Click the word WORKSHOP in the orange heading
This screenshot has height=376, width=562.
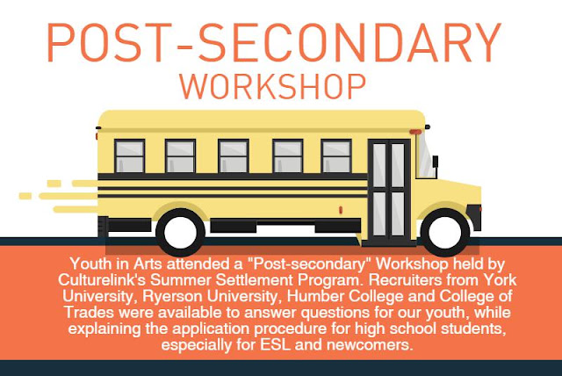272,86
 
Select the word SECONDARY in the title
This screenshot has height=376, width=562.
349,42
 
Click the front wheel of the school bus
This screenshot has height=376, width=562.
445,232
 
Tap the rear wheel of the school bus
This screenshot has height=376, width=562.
180,232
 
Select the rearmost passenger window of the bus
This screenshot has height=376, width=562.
129,156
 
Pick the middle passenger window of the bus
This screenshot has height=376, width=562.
234,156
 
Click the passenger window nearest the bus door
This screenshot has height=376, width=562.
336,156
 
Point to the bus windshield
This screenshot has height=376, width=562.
425,155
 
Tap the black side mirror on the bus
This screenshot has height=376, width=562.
436,162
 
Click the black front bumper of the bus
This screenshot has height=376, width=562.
473,216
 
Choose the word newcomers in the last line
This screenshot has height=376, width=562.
370,345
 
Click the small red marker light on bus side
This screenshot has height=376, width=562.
341,210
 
